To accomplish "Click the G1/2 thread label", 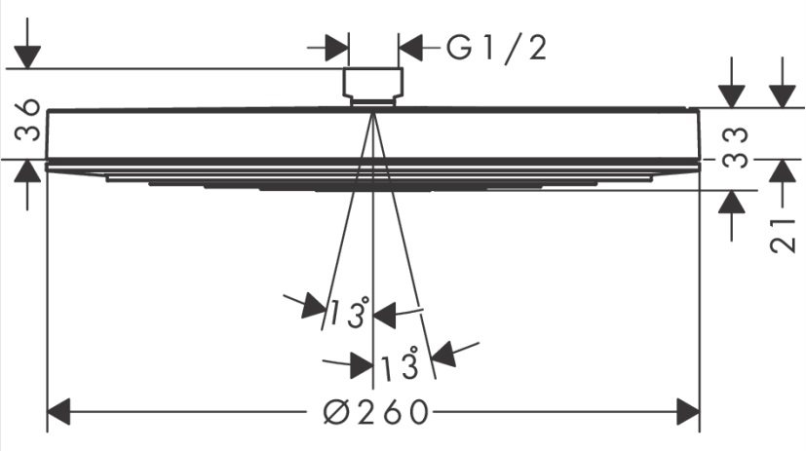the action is point(496,49).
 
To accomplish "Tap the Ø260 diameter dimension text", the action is point(376,412).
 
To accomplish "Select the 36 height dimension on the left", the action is point(27,120).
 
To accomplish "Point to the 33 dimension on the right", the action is point(735,147).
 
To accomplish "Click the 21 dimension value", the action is point(784,236).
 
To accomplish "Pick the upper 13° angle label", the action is point(349,313).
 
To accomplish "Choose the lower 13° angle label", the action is point(400,363).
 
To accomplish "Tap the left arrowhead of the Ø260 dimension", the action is point(58,411).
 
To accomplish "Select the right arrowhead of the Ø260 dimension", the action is point(688,411).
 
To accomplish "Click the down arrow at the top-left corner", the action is point(27,56).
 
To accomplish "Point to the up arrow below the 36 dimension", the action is point(27,171).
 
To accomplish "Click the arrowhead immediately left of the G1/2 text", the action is point(410,48).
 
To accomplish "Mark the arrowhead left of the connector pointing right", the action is point(337,48).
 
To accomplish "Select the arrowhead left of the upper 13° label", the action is point(315,305).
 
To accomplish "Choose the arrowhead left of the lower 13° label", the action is point(362,365).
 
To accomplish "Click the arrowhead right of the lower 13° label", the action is point(444,354).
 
